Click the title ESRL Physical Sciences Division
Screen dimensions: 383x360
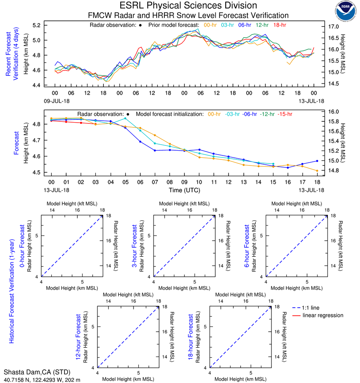(x=188, y=6)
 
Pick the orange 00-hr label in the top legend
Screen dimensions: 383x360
(x=211, y=25)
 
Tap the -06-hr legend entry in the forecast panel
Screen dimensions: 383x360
(x=250, y=114)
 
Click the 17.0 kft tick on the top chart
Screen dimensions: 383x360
(x=334, y=27)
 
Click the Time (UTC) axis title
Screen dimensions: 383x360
(x=188, y=190)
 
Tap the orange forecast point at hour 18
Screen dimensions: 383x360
(x=317, y=171)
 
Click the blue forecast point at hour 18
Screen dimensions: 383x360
(x=317, y=161)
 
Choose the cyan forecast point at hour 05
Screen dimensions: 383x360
(x=125, y=118)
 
